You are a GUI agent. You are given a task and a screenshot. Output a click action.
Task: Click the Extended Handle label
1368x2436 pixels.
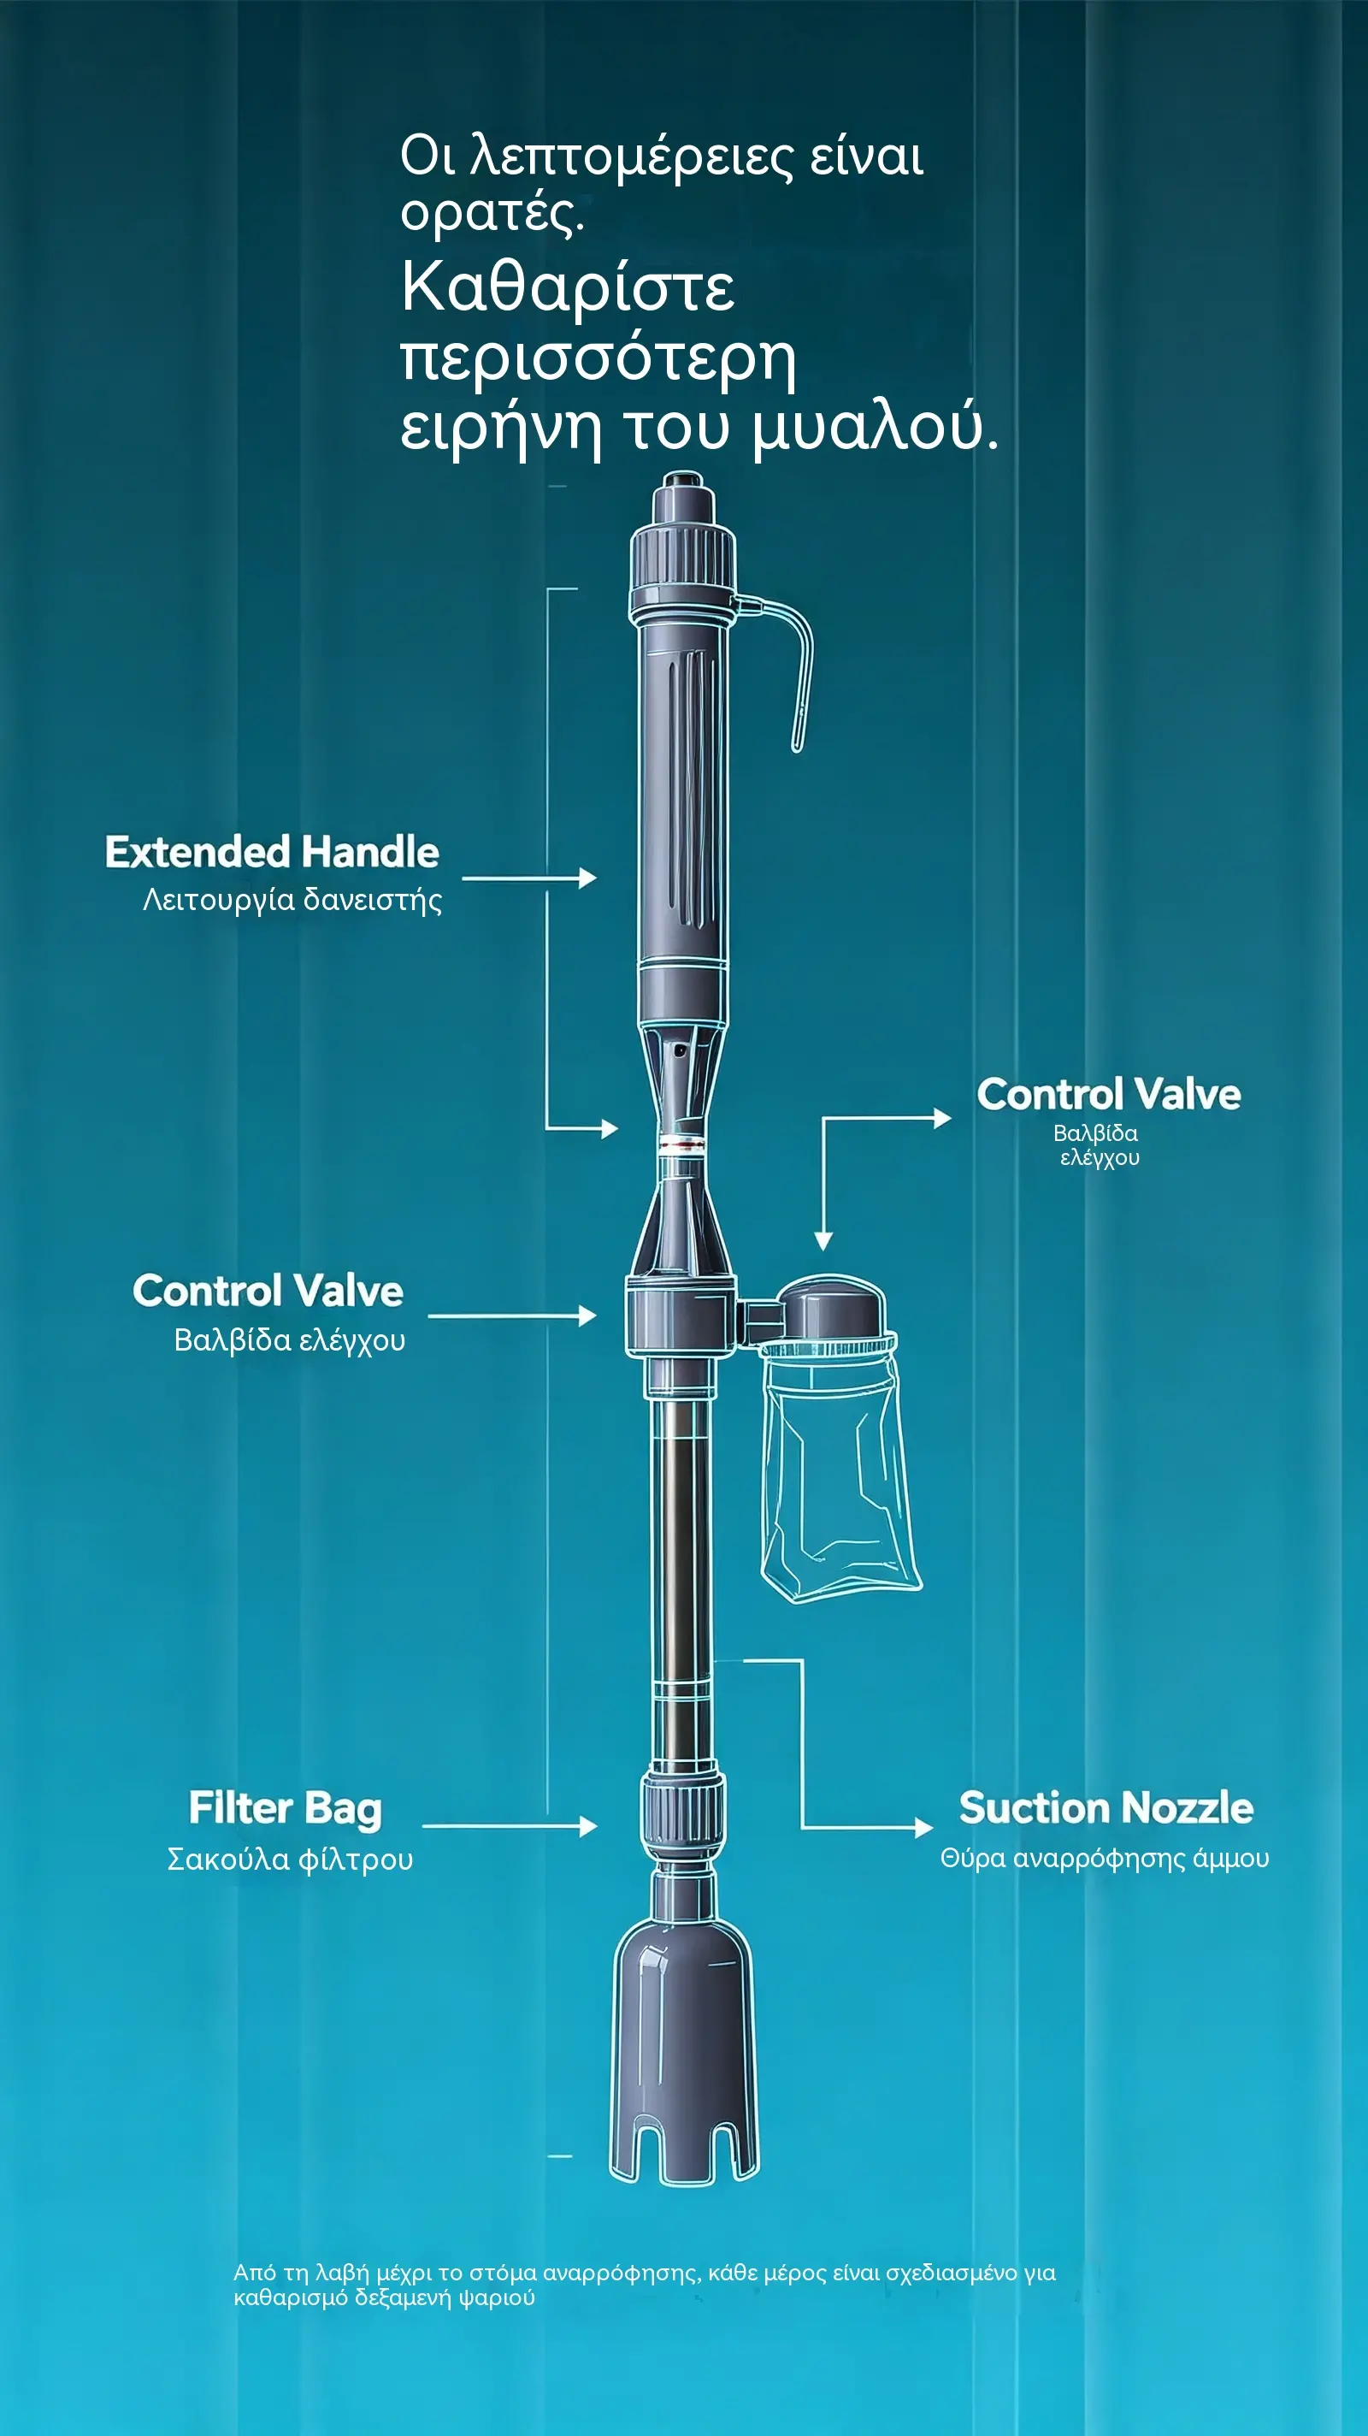click(x=272, y=852)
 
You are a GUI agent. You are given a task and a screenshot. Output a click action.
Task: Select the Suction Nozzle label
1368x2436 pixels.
click(x=1106, y=1808)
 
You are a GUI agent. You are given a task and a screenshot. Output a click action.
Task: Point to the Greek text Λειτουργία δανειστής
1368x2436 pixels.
click(x=292, y=899)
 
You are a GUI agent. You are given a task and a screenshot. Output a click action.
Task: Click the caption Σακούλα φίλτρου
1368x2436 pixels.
click(x=290, y=1860)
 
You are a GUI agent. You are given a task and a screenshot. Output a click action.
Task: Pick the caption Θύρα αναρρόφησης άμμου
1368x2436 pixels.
click(x=1104, y=1858)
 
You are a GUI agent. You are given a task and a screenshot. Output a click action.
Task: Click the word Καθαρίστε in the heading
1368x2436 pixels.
click(x=567, y=287)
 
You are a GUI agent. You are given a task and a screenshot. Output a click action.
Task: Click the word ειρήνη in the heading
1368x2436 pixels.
click(x=500, y=429)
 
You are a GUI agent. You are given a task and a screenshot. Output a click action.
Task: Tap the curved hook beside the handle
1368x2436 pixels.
click(x=781, y=662)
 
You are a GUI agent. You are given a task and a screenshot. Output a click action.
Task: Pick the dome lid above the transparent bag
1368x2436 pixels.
click(x=833, y=1306)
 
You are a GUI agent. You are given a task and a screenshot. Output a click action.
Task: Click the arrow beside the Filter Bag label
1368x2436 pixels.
click(x=510, y=1827)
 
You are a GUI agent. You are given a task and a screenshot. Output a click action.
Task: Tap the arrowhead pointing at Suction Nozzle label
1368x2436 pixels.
click(x=923, y=1828)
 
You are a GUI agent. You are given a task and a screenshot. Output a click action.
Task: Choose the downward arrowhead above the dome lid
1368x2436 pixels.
click(x=823, y=1242)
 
